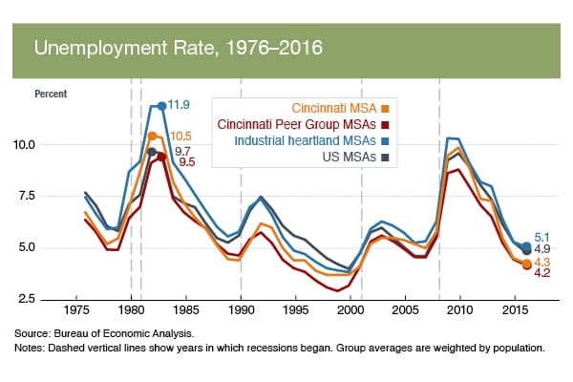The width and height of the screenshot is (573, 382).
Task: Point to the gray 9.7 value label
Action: [x=183, y=151]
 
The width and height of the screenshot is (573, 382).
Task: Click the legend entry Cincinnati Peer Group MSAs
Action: [x=295, y=123]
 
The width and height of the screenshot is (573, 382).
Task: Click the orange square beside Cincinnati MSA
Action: [x=386, y=107]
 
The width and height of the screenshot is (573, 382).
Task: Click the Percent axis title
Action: [x=52, y=94]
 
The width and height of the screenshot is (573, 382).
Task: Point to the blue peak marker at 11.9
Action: [x=162, y=105]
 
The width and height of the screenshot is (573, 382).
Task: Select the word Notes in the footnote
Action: [x=30, y=349]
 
